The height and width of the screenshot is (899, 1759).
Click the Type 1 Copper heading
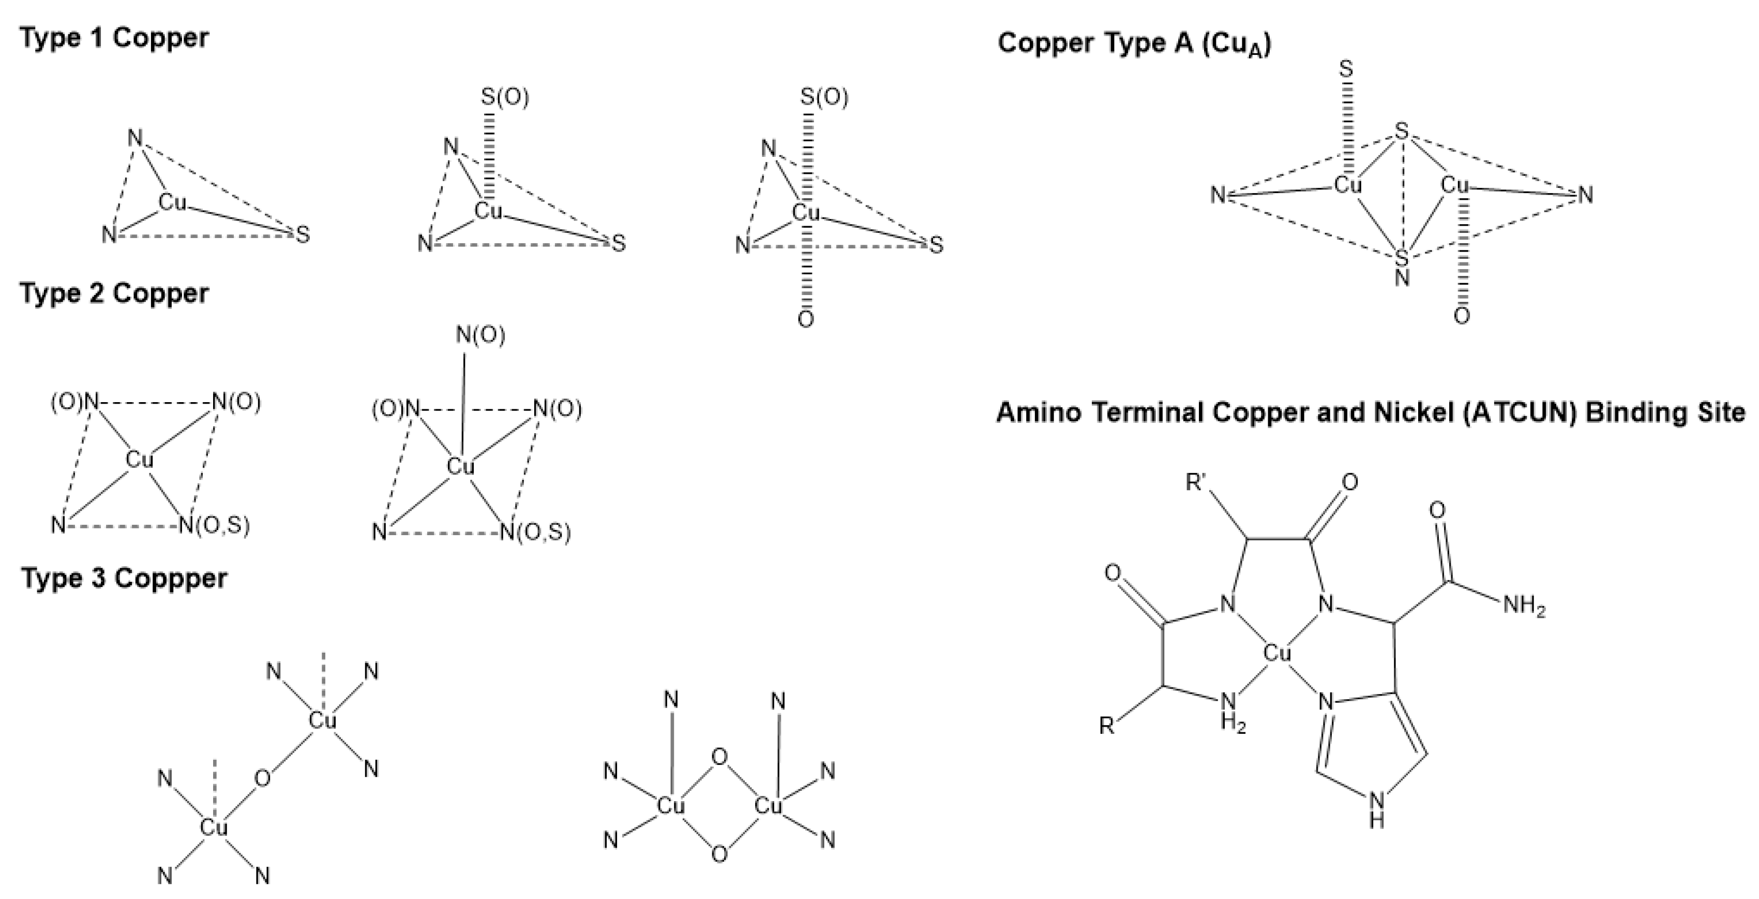tap(113, 38)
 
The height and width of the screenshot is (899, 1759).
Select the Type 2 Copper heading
tap(113, 294)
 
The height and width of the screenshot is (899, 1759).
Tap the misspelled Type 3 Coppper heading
tap(123, 578)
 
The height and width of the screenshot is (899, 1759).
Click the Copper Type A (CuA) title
tap(1134, 43)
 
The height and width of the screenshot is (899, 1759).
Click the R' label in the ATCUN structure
tap(1197, 483)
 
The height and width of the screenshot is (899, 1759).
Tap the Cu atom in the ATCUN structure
tap(1277, 654)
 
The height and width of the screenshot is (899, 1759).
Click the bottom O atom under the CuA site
tap(1461, 316)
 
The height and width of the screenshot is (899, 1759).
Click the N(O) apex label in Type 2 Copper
tap(480, 335)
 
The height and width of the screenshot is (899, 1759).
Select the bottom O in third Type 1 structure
tap(806, 319)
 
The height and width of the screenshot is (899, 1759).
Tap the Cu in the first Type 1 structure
tap(172, 202)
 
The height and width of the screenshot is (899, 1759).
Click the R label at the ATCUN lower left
tap(1106, 726)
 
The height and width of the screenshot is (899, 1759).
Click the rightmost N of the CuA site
tap(1586, 195)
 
